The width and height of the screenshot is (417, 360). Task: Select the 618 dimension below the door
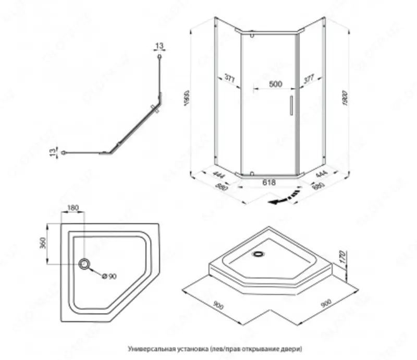coord(268,183)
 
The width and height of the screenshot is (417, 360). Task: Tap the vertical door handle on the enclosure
coord(291,104)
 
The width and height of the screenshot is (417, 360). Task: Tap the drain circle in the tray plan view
coord(84,265)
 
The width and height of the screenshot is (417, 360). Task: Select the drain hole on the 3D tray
coord(257,255)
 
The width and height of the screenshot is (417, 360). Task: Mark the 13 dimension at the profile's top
coord(159,46)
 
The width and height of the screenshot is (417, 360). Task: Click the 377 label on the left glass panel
coord(230,79)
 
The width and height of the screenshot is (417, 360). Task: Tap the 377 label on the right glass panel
coord(308,79)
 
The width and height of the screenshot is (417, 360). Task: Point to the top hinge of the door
coord(252,36)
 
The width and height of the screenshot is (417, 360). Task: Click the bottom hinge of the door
coord(251,173)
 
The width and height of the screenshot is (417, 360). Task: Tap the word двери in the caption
coord(293,347)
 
